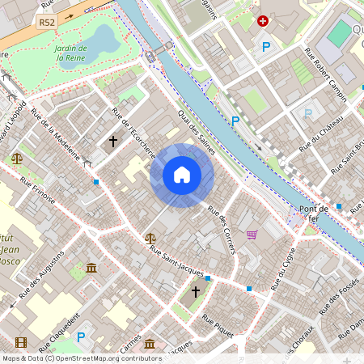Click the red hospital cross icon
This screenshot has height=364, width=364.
tap(262, 22)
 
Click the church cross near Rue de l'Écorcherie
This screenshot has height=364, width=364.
tap(113, 142)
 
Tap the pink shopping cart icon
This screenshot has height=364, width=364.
tap(252, 235)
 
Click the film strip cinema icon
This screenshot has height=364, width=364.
tap(20, 344)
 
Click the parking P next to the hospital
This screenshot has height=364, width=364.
tap(266, 47)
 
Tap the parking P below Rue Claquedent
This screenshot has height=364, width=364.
tap(80, 337)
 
